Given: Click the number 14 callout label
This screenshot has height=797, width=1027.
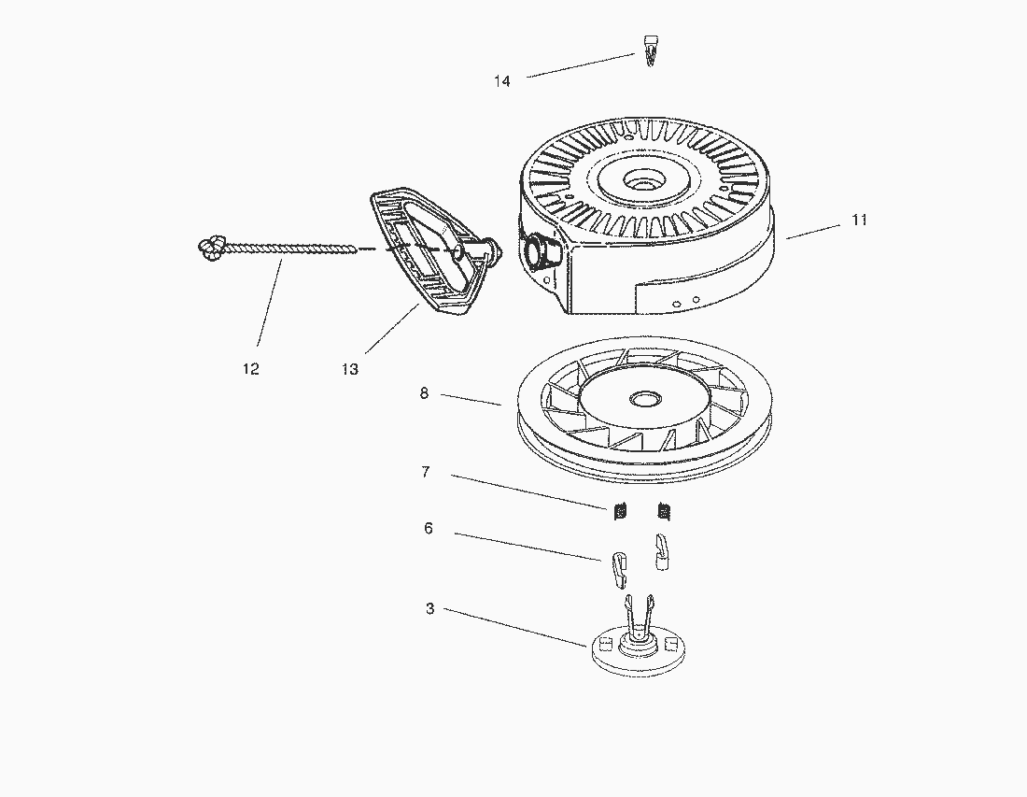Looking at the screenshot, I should [x=502, y=81].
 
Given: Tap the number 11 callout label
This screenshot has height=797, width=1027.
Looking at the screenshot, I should [x=859, y=221].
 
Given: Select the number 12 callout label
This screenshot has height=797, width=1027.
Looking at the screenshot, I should [x=250, y=369].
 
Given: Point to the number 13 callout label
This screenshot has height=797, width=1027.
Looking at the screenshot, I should [x=349, y=369].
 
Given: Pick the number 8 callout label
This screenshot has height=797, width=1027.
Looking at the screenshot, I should [x=424, y=393].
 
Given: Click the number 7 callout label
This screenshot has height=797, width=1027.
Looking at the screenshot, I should [x=426, y=472].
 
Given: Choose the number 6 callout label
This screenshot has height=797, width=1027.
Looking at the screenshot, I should [x=429, y=529].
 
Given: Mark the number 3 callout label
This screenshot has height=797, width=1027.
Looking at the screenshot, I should [x=429, y=609].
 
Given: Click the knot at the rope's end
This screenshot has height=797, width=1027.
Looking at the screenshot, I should [x=211, y=247].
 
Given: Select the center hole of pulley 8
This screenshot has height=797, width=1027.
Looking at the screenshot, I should [x=641, y=400].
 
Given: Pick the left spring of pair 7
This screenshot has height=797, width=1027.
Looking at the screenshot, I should [x=618, y=511].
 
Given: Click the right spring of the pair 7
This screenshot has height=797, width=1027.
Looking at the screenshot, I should [x=665, y=510].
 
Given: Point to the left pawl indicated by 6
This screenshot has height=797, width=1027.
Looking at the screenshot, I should [x=617, y=567].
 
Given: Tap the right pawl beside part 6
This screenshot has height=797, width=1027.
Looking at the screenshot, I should [x=663, y=550].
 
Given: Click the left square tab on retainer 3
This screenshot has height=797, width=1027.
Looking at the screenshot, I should [x=604, y=642].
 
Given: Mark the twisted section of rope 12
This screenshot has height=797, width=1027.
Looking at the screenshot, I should [x=289, y=249].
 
